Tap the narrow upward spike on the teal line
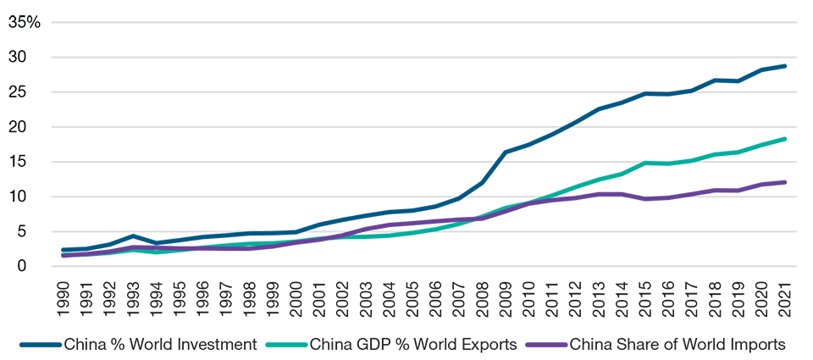[650, 154]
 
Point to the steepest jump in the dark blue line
[499, 157]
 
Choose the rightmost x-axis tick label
[784, 283]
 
